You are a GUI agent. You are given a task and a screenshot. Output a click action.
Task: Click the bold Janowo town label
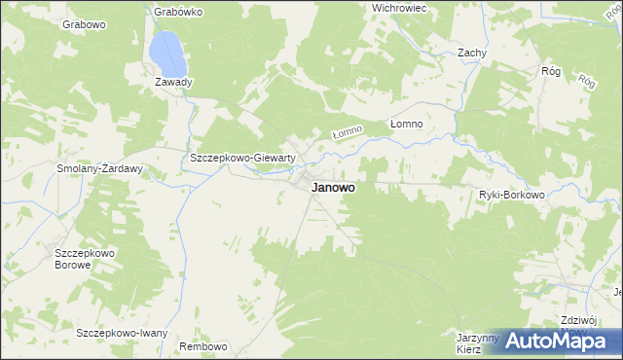333,190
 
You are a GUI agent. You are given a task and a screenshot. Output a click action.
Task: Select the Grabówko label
178,13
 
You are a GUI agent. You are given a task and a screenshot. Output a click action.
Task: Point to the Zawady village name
174,82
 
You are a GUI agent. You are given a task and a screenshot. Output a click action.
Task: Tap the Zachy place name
472,54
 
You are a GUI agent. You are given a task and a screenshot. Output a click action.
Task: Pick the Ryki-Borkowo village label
511,195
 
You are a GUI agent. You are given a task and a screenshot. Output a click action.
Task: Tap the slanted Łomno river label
347,131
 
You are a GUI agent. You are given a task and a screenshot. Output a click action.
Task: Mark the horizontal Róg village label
551,71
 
